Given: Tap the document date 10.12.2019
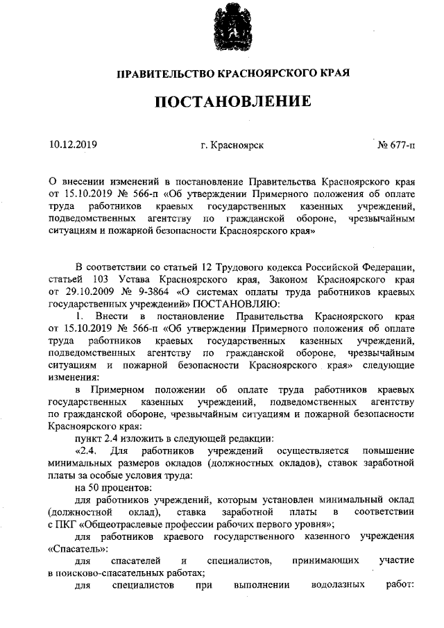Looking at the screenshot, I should click(74, 145).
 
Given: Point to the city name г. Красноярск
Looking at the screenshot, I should click(232, 146).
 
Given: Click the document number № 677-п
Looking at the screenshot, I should click(396, 146).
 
